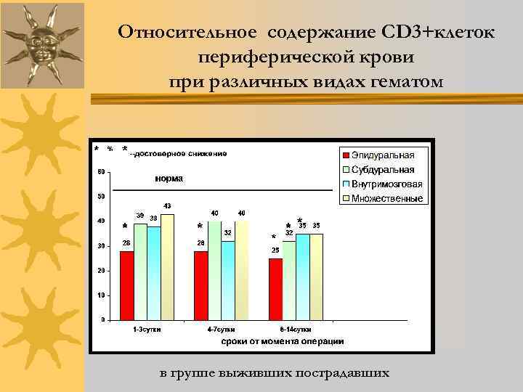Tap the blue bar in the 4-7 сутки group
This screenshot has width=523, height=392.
click(x=228, y=280)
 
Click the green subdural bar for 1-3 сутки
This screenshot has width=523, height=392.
click(x=140, y=271)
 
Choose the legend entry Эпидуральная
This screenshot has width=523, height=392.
click(x=382, y=155)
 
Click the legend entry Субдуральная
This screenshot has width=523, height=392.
click(x=382, y=169)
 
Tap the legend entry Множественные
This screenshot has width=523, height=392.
click(x=386, y=198)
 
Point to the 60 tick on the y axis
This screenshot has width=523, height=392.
click(x=100, y=172)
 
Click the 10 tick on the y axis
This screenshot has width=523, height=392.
click(x=100, y=295)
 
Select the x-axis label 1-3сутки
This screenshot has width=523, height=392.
click(x=147, y=330)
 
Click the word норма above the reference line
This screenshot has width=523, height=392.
click(x=169, y=179)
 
